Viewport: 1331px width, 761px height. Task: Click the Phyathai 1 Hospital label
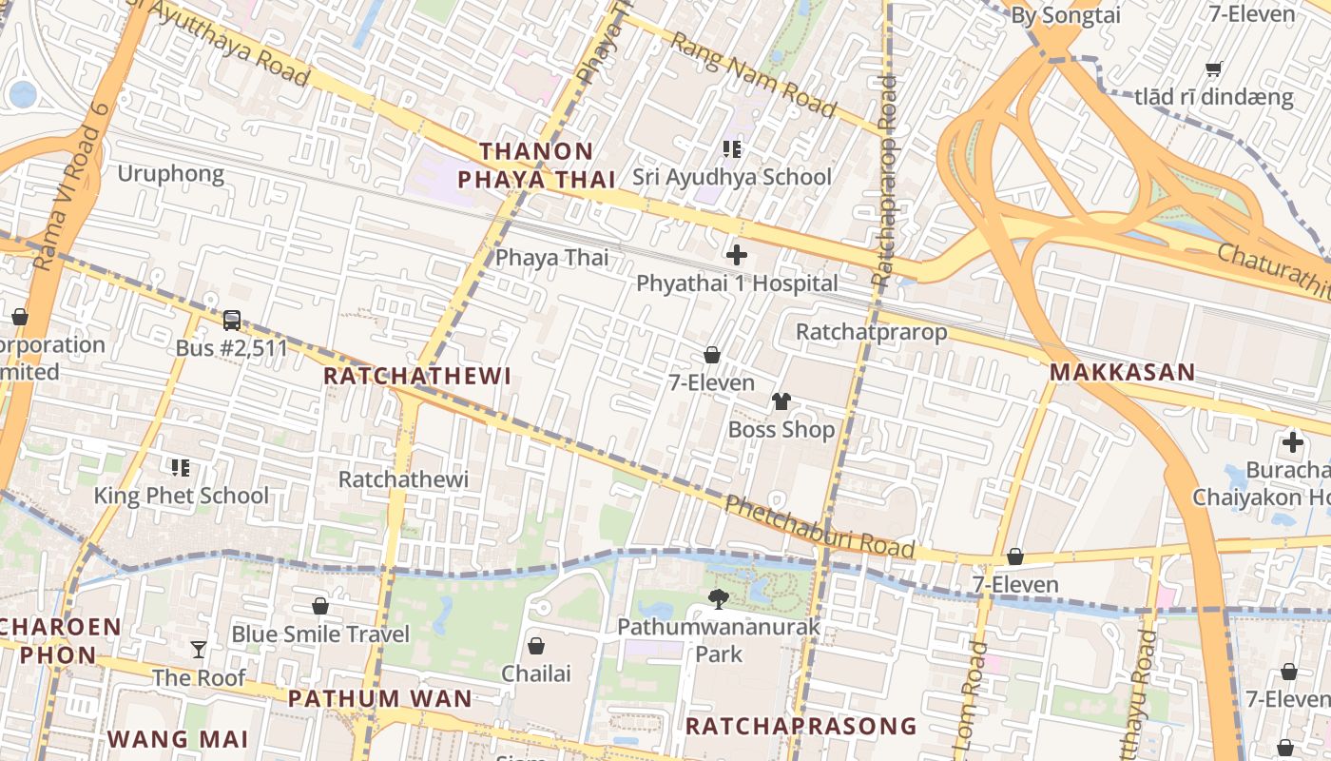tap(737, 283)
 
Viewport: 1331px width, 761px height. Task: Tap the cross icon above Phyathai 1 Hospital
tap(736, 255)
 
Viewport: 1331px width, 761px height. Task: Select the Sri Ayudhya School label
tap(732, 177)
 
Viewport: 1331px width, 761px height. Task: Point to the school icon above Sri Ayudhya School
tap(731, 148)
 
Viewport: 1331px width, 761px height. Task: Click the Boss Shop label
tap(781, 429)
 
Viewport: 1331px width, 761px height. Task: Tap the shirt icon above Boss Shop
tap(781, 401)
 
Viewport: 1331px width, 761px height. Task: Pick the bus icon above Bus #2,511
tap(231, 321)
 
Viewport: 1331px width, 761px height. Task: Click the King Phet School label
tap(181, 496)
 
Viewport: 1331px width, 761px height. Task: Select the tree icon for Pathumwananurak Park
tap(719, 599)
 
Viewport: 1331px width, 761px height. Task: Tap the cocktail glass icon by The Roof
tap(198, 650)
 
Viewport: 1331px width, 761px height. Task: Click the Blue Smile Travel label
tap(320, 634)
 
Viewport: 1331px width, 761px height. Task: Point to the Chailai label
tap(536, 673)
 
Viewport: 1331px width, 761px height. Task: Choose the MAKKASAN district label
tap(1122, 372)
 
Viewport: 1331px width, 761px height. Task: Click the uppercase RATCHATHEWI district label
tap(417, 376)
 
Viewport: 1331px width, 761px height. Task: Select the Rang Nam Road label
tap(753, 75)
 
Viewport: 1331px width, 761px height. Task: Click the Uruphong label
tap(171, 173)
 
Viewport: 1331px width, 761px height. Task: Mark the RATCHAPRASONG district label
tap(801, 727)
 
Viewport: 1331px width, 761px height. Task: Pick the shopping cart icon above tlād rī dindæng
tap(1213, 68)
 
